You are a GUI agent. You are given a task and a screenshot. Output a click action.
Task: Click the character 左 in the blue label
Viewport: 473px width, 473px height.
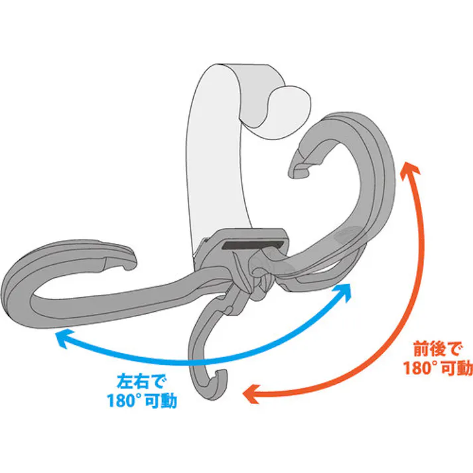pos(125,383)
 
